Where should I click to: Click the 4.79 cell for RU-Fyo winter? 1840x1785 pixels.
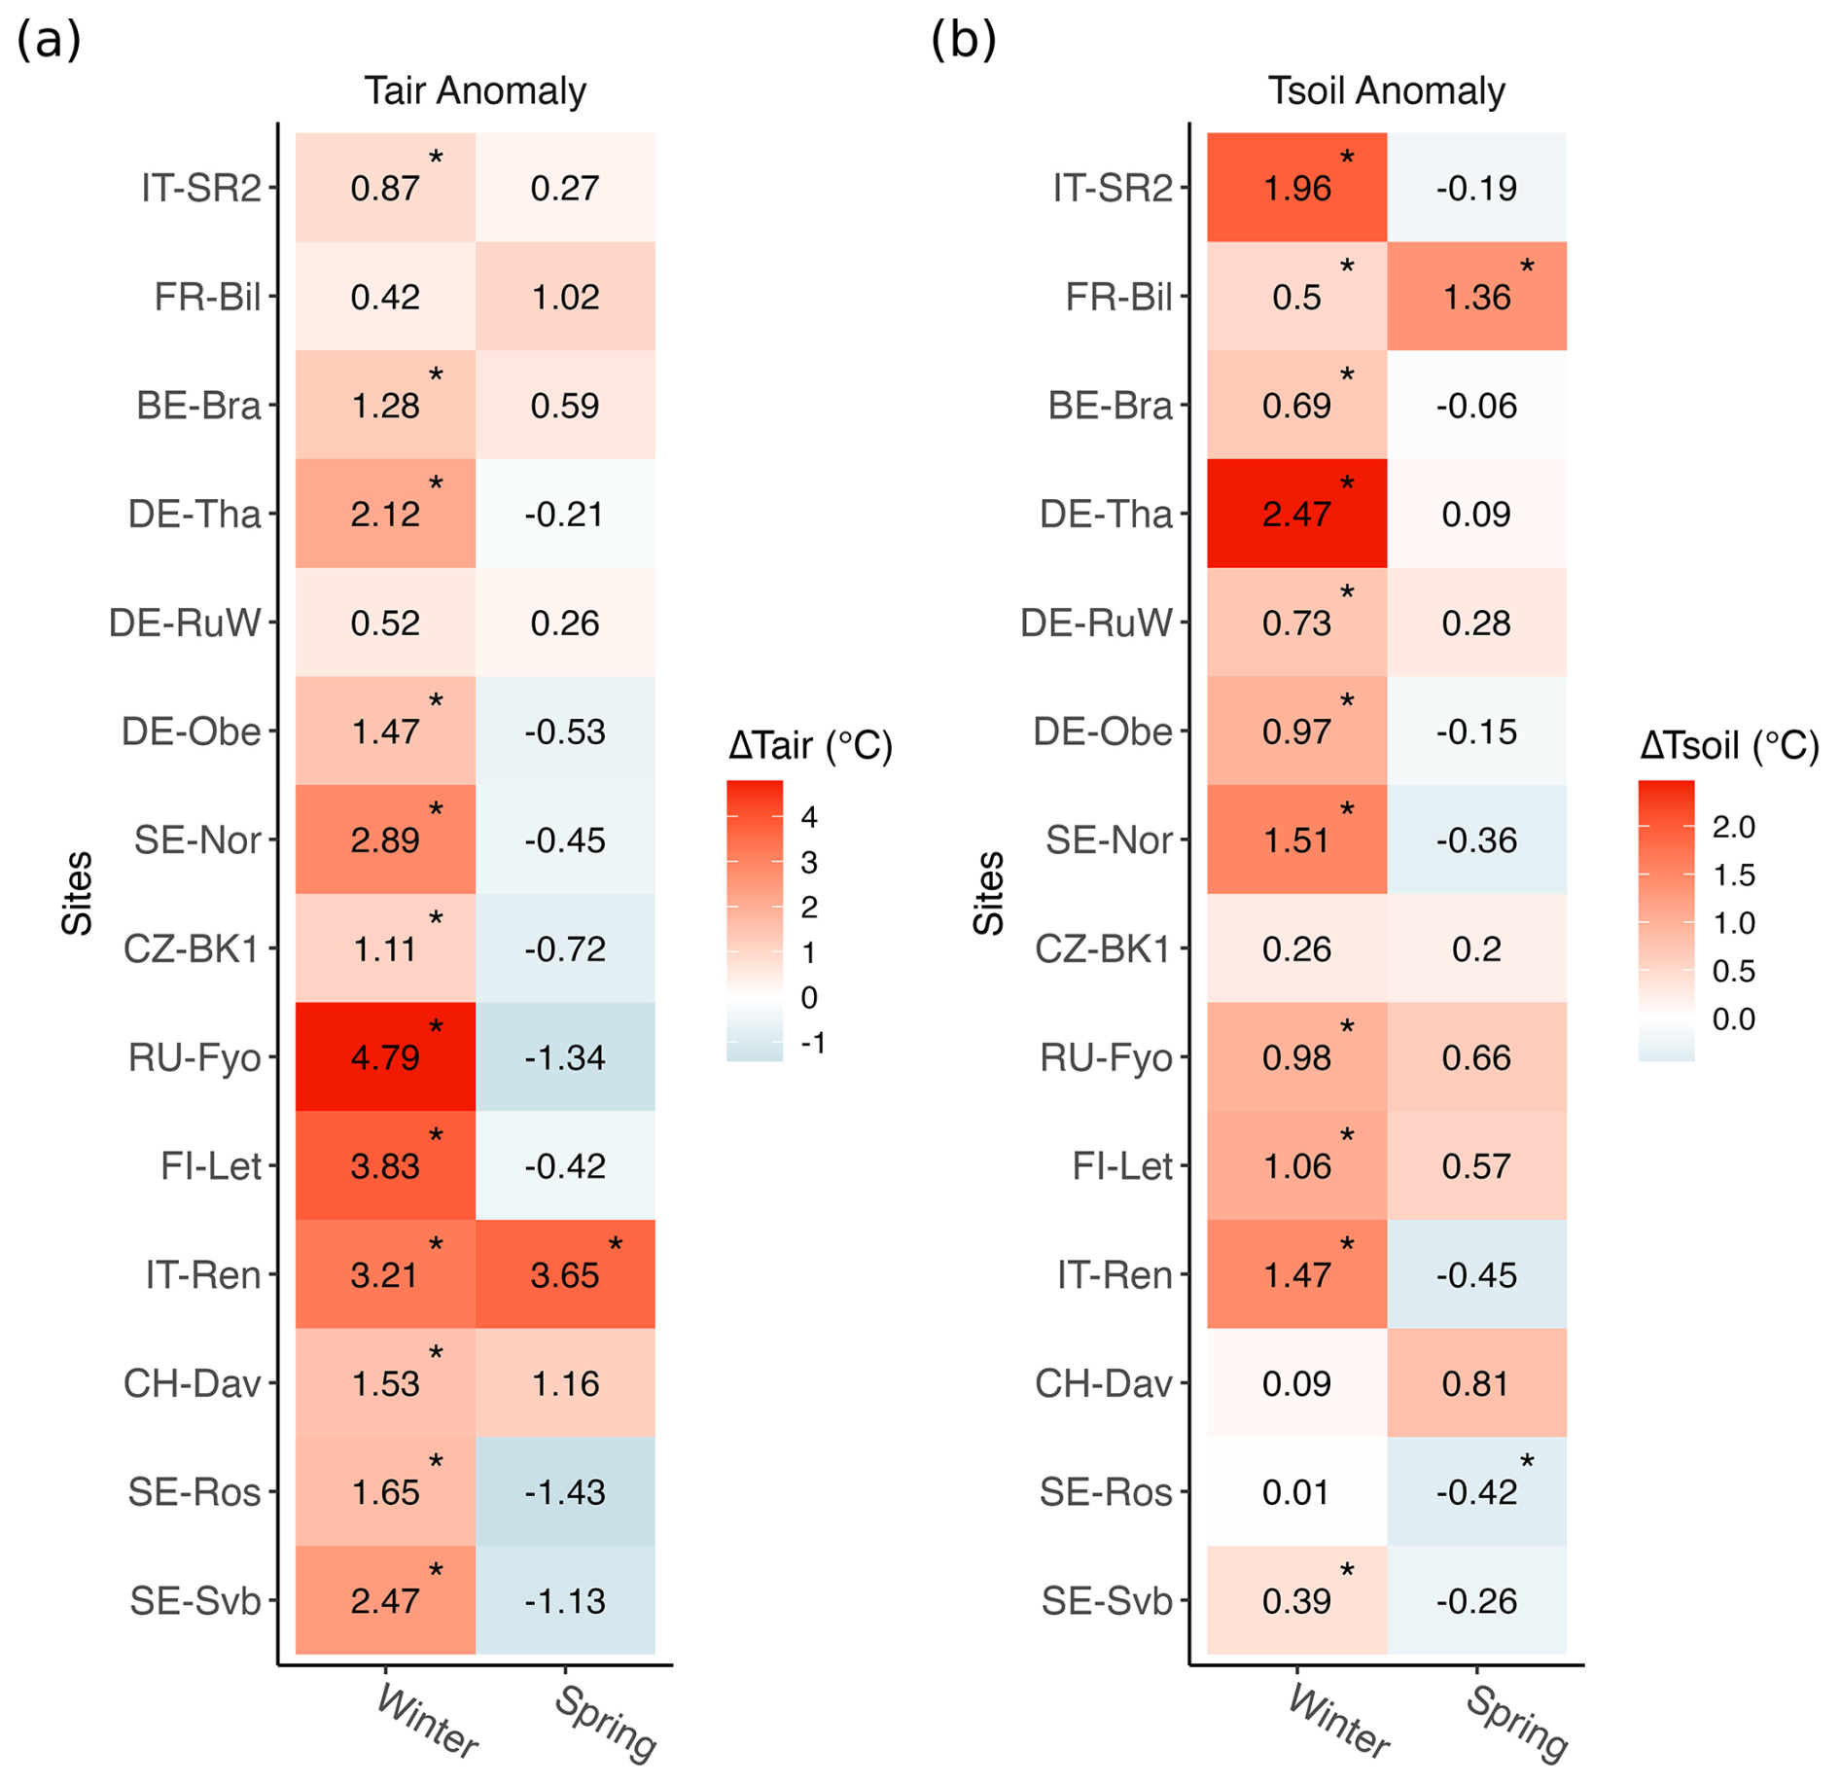point(385,1057)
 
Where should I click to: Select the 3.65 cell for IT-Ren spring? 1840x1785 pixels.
point(564,1275)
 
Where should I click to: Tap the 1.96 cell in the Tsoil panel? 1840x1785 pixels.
point(1296,188)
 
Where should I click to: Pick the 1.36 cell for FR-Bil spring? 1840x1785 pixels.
point(1476,297)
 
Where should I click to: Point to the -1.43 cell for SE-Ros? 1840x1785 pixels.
point(564,1492)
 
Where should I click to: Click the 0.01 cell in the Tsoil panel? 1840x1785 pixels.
point(1296,1492)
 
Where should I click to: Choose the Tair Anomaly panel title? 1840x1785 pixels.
point(475,90)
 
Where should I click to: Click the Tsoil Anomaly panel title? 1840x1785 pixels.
point(1386,90)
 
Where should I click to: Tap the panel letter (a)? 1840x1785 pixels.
point(49,41)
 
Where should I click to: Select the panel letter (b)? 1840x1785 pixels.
point(963,41)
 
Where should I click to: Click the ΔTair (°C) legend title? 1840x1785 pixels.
point(810,746)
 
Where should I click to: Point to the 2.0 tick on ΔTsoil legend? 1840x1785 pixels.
point(1733,827)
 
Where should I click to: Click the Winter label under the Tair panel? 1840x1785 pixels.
point(427,1722)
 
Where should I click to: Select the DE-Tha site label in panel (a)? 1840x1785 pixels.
point(195,514)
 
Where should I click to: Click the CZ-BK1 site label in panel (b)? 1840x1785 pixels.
point(1103,948)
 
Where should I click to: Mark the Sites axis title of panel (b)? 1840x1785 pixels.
point(988,893)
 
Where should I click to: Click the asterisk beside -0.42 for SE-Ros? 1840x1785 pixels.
point(1527,1462)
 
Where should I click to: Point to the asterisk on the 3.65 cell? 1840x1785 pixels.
point(616,1245)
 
